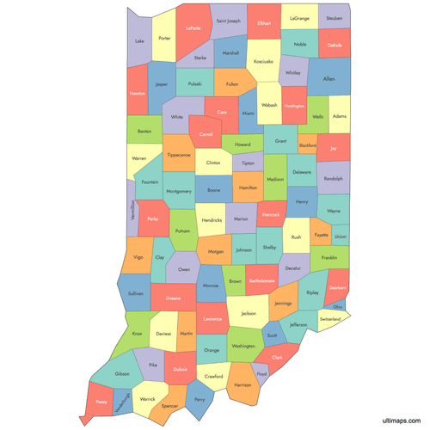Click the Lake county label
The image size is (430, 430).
139,40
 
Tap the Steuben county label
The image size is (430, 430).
334,17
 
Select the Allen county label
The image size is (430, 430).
329,78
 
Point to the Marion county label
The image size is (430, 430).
241,218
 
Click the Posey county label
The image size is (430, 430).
102,401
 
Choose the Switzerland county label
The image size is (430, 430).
335,318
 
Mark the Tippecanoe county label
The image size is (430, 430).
179,155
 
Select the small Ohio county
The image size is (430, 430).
338,305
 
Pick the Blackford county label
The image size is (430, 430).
307,145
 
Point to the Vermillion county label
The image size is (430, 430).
132,210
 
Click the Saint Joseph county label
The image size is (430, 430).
229,20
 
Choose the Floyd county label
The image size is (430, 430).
261,374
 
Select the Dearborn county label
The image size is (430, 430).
337,288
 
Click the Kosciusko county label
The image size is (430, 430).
263,61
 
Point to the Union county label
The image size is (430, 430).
341,236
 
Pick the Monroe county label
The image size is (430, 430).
211,285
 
